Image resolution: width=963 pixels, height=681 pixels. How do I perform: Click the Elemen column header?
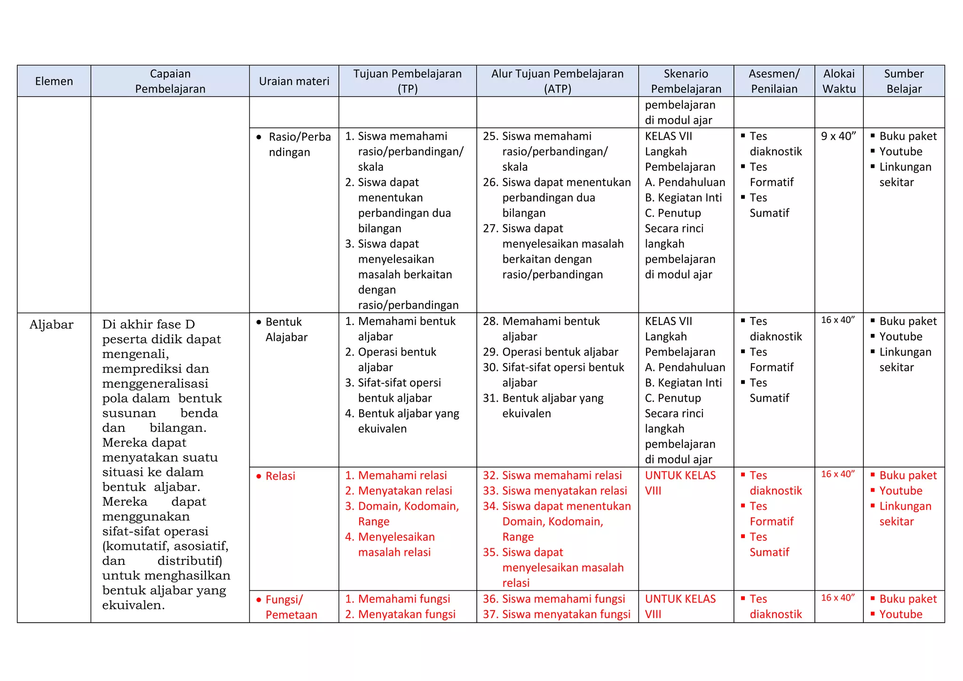pyautogui.click(x=54, y=81)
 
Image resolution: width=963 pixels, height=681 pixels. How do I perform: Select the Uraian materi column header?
pyautogui.click(x=294, y=81)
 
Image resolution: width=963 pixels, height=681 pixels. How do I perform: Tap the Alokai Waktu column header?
pyautogui.click(x=839, y=81)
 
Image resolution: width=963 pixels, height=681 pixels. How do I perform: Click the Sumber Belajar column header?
pyautogui.click(x=904, y=81)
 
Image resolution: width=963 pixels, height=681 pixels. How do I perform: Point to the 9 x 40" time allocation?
pyautogui.click(x=838, y=136)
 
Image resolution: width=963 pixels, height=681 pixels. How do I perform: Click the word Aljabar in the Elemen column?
pyautogui.click(x=51, y=325)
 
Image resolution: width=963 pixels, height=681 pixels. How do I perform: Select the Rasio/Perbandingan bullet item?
pyautogui.click(x=299, y=144)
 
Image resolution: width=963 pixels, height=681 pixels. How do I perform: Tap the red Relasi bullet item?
pyautogui.click(x=280, y=476)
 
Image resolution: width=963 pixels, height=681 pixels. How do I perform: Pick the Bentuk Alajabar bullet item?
pyautogui.click(x=286, y=329)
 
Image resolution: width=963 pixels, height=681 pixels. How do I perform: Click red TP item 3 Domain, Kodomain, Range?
pyautogui.click(x=407, y=514)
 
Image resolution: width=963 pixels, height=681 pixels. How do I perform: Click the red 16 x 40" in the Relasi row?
pyautogui.click(x=838, y=474)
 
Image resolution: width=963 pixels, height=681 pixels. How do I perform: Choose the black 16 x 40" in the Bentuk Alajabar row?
pyautogui.click(x=838, y=320)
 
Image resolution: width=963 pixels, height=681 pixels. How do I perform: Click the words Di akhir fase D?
pyautogui.click(x=149, y=325)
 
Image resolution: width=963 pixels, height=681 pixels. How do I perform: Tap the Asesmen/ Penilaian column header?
pyautogui.click(x=774, y=81)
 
